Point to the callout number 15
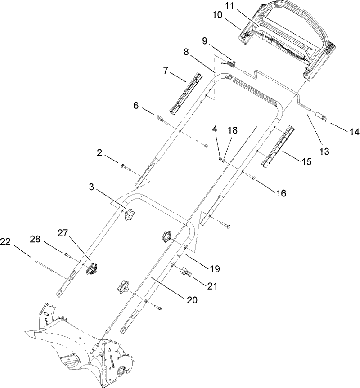point(306,161)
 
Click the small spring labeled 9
point(230,64)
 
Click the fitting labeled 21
point(185,271)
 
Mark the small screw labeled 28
point(68,255)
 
